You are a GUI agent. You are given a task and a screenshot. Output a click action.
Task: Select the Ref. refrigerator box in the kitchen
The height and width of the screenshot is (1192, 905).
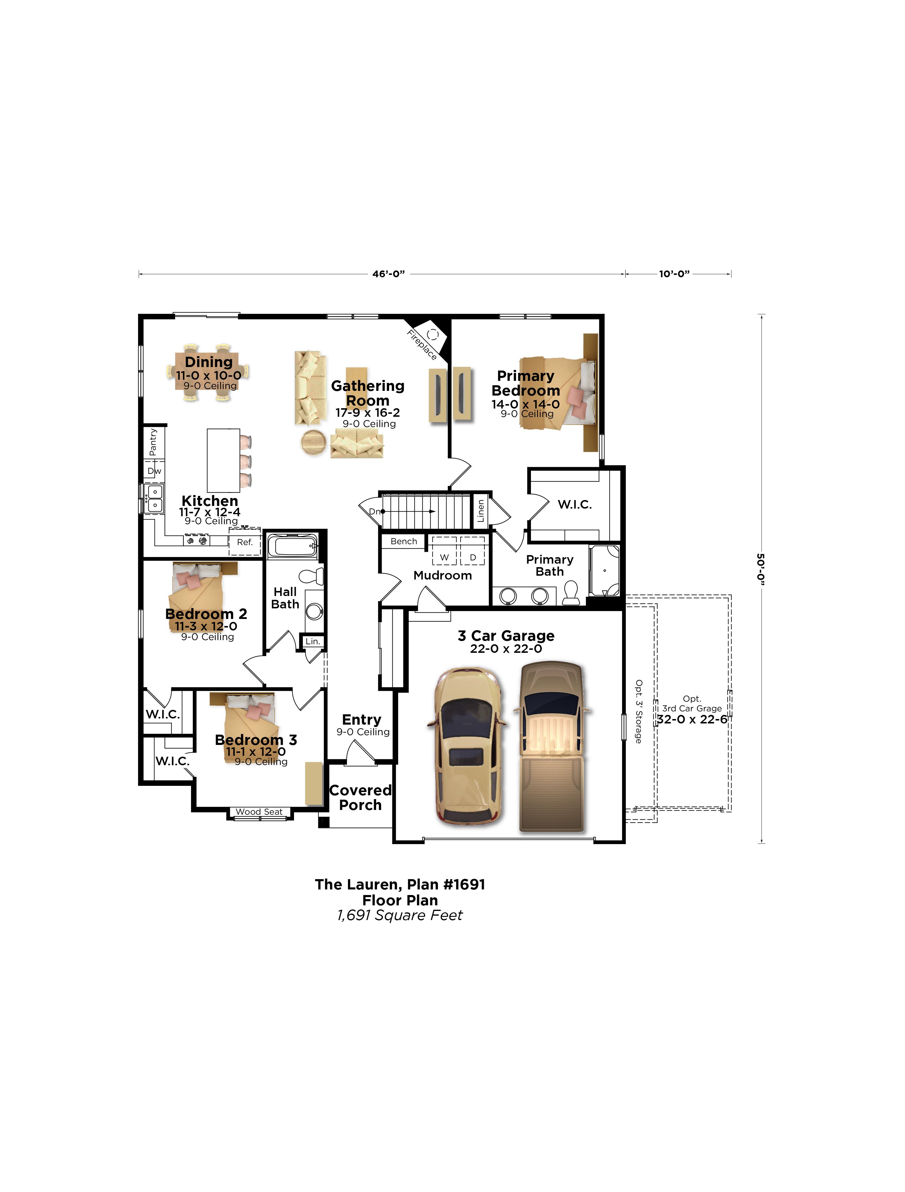245,542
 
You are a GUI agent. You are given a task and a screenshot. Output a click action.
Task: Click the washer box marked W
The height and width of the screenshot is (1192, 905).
444,551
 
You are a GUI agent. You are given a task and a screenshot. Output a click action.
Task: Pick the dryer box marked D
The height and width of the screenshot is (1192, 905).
473,551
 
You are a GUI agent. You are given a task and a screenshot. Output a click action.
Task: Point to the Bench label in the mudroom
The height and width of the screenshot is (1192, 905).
404,541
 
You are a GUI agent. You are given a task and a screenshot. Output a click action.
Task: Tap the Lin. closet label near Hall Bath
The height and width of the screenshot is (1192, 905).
313,641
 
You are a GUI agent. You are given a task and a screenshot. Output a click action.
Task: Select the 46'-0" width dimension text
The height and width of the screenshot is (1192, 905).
388,274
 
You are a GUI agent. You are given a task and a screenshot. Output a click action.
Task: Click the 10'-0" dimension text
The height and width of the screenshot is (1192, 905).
674,274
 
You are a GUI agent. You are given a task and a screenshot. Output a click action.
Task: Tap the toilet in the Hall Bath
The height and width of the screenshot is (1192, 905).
312,576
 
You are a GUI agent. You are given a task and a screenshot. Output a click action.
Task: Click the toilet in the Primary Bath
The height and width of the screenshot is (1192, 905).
571,593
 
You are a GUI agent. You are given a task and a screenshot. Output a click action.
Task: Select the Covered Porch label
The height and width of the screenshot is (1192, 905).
360,798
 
